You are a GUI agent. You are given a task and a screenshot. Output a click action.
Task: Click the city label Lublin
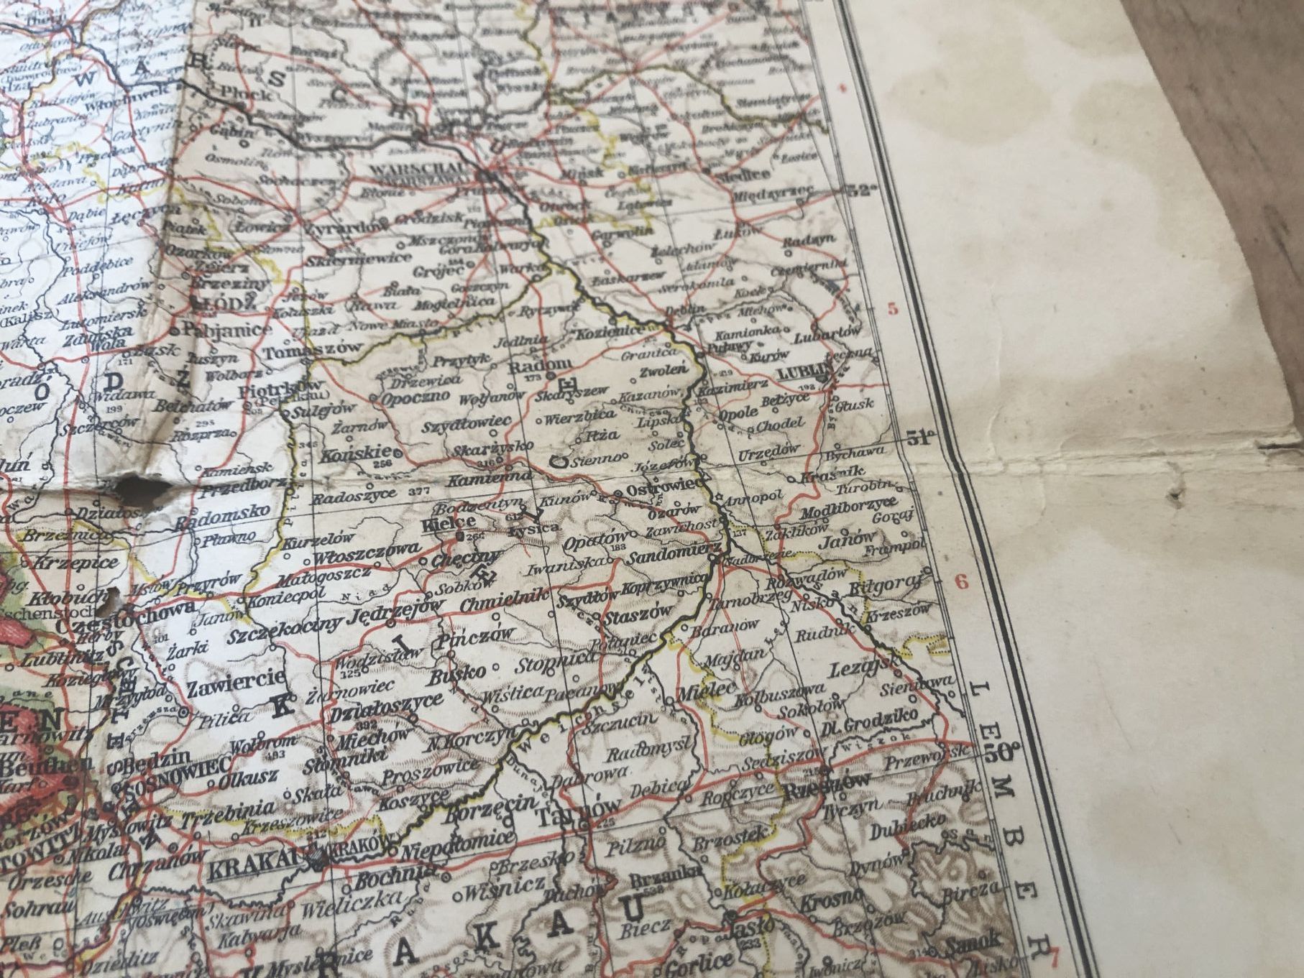[x=800, y=374]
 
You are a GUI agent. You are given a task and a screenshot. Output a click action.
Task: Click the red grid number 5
[x=894, y=310]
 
